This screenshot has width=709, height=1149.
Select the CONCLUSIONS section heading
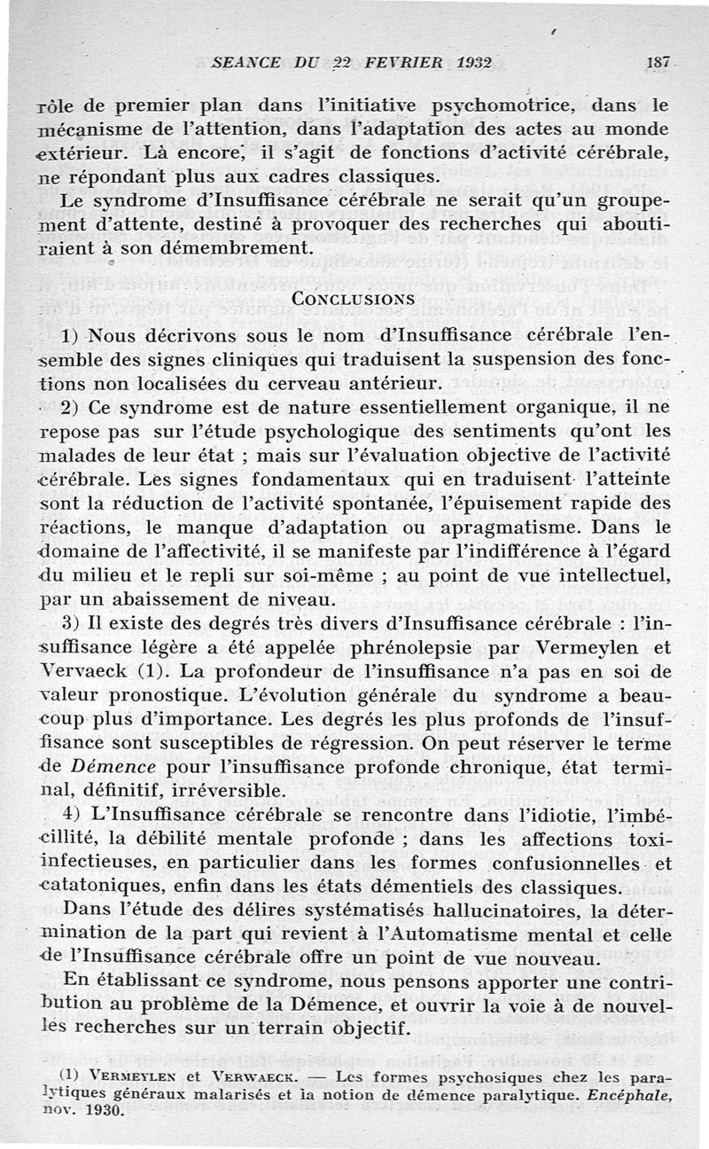tap(354, 299)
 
